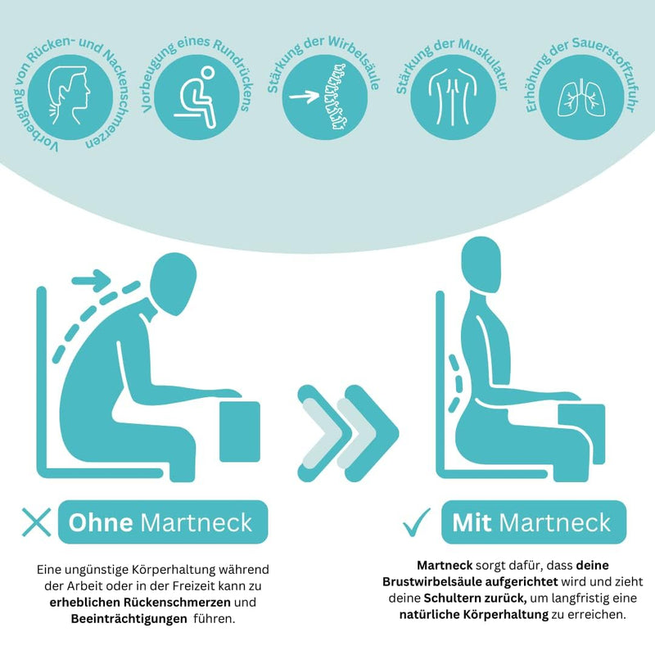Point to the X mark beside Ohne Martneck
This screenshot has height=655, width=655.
(x=36, y=522)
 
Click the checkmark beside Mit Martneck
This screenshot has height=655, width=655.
(x=417, y=522)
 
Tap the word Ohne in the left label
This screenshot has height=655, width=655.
(x=101, y=522)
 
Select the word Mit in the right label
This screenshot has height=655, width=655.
(x=472, y=522)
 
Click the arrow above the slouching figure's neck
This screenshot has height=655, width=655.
(x=92, y=280)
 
